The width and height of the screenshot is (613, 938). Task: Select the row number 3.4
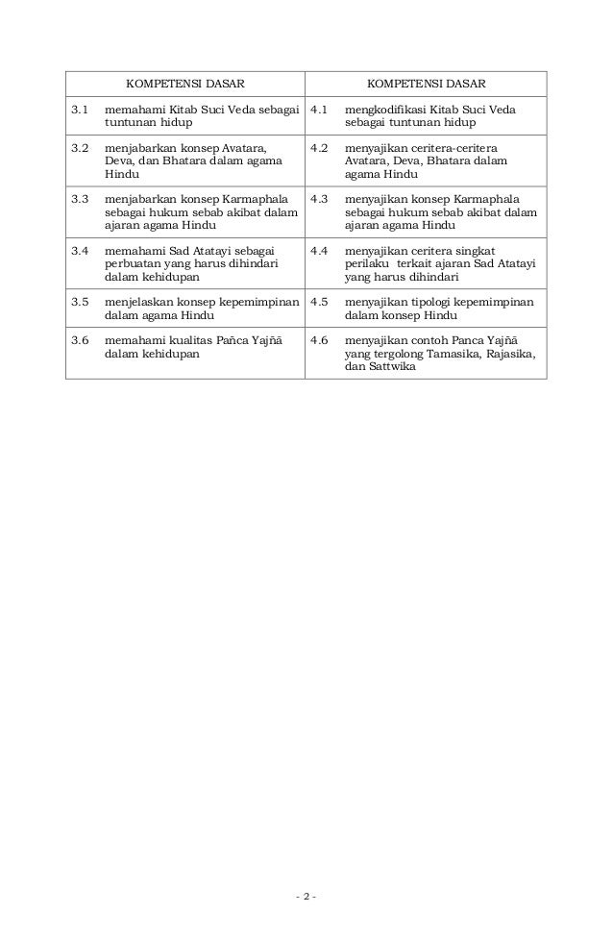80,250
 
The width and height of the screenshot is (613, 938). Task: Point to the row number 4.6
320,340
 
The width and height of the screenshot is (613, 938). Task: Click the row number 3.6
80,340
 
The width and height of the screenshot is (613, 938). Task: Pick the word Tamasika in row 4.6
450,354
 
